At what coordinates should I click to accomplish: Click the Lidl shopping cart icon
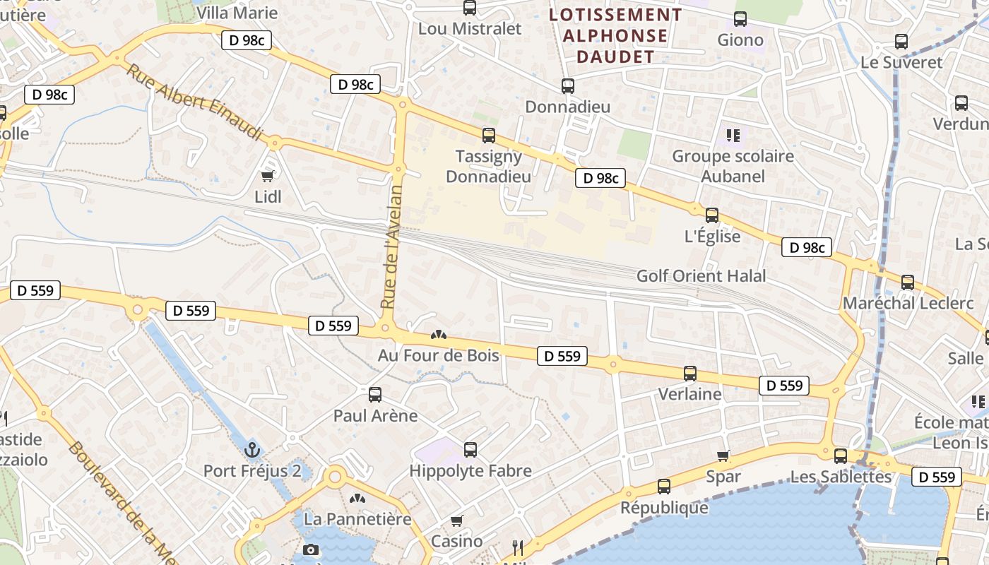click(268, 176)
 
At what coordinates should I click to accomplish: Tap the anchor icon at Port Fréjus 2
click(252, 449)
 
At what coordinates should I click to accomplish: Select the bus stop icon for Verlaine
click(690, 374)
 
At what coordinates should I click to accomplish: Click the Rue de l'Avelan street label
click(391, 246)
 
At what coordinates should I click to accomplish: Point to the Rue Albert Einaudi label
click(194, 102)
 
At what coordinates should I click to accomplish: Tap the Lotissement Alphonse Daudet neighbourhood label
click(615, 36)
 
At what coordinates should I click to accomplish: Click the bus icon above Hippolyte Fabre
click(470, 449)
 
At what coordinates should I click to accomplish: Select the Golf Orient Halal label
click(701, 276)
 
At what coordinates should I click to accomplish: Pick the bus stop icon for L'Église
click(712, 215)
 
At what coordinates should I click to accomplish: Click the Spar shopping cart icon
click(723, 456)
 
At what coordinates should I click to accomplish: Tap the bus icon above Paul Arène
click(375, 394)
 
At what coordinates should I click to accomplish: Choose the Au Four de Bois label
click(438, 355)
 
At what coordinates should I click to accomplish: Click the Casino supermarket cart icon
click(457, 521)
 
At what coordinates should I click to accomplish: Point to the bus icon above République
click(664, 486)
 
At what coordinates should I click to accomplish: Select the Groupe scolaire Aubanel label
click(733, 165)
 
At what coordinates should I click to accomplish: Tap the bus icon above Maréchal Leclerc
click(908, 282)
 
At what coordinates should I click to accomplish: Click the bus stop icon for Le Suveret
click(901, 42)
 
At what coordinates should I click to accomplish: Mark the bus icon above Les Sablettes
click(841, 456)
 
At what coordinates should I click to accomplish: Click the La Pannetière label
click(357, 519)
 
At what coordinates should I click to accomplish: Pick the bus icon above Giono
click(740, 19)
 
